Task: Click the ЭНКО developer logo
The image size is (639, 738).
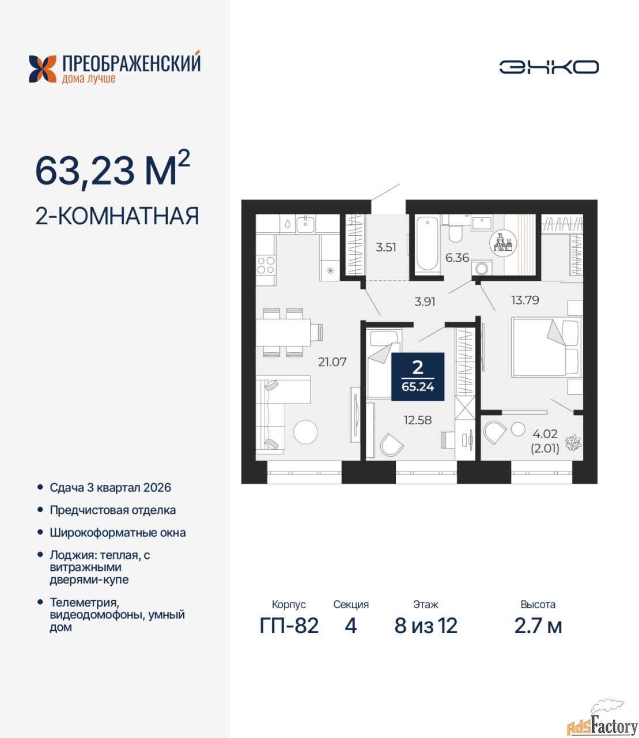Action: click(549, 67)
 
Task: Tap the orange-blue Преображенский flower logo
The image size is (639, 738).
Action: click(43, 69)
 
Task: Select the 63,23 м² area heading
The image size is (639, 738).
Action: click(112, 170)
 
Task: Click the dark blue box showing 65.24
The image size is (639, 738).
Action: click(418, 376)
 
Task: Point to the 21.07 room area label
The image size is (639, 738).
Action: click(332, 362)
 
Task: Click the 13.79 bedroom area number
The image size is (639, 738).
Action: click(525, 300)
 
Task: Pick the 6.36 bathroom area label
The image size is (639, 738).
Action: click(457, 257)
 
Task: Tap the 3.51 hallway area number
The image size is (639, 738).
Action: click(386, 247)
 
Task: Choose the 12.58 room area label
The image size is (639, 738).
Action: click(417, 420)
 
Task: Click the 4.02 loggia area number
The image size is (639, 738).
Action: click(545, 434)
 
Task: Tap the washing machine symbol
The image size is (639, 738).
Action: click(482, 268)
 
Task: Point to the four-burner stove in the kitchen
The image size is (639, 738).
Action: click(266, 265)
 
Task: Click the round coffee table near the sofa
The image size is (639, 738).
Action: click(305, 432)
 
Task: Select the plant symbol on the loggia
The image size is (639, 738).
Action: click(573, 443)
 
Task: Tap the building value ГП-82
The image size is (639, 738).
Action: click(289, 626)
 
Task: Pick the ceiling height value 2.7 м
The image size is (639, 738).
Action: click(538, 626)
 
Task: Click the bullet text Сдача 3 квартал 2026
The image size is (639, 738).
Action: click(110, 487)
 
